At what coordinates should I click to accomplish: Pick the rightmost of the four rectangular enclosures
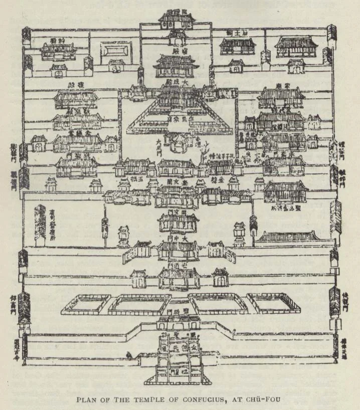274,303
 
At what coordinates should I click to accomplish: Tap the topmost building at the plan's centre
176,19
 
